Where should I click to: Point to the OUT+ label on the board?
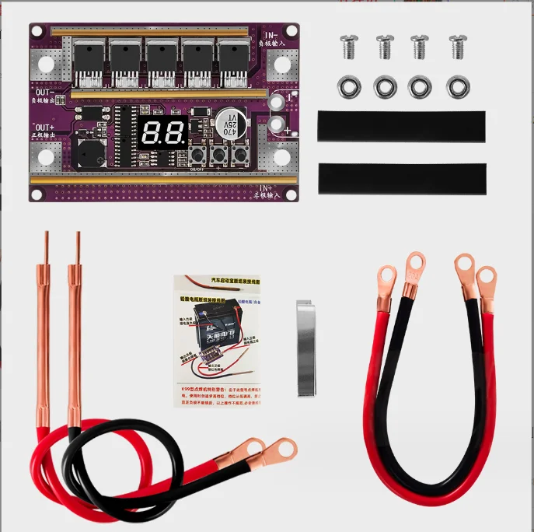[44, 127]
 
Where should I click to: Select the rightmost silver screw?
[457, 47]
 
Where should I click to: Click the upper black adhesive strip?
[401, 126]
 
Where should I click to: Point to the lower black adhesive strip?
[401, 179]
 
